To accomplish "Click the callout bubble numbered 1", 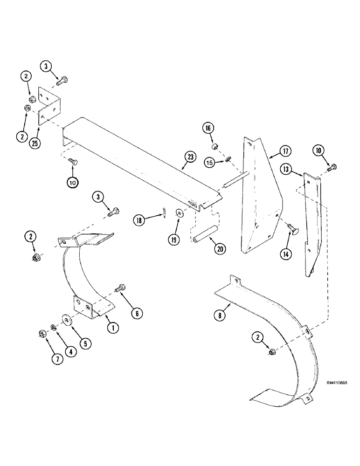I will [x=112, y=328].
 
